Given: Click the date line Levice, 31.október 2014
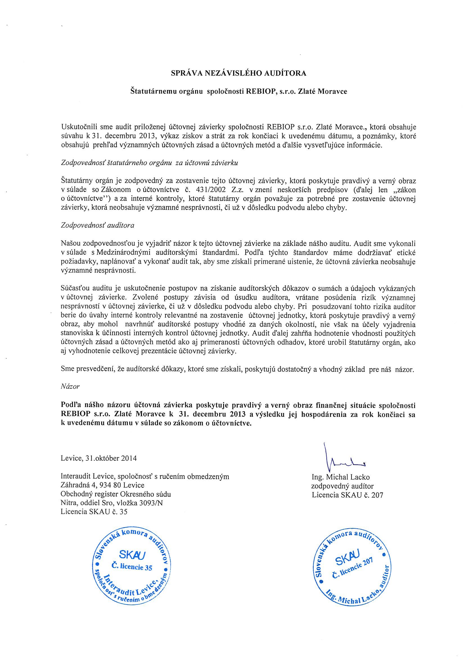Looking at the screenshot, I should click(x=99, y=458).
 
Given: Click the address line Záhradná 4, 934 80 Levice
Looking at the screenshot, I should click(x=102, y=485).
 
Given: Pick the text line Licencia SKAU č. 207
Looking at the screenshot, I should click(x=347, y=495).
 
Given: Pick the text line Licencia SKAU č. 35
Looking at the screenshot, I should click(x=94, y=511).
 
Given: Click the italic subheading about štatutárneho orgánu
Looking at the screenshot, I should click(x=149, y=163).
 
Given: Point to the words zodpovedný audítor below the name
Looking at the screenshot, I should click(x=342, y=486).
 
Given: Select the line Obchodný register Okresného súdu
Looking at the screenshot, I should click(x=116, y=494).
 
